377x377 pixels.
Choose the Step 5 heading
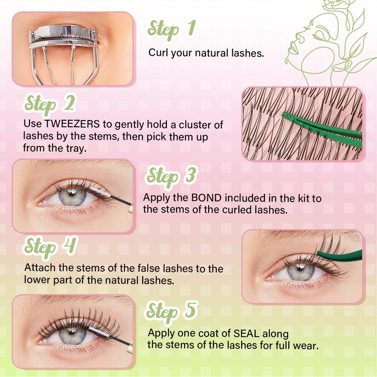(171, 311)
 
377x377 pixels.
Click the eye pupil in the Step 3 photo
(70, 197)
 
